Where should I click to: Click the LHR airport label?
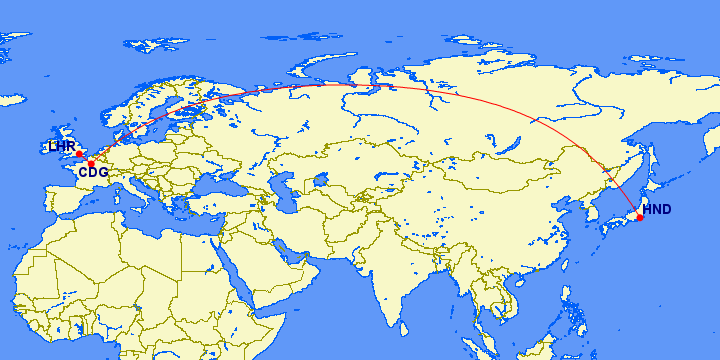(x=61, y=147)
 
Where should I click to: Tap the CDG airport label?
(x=93, y=173)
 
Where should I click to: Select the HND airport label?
(x=657, y=210)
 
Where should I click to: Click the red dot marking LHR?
(x=79, y=154)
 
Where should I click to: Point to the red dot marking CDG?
(x=90, y=163)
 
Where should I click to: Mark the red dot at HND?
(x=640, y=217)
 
